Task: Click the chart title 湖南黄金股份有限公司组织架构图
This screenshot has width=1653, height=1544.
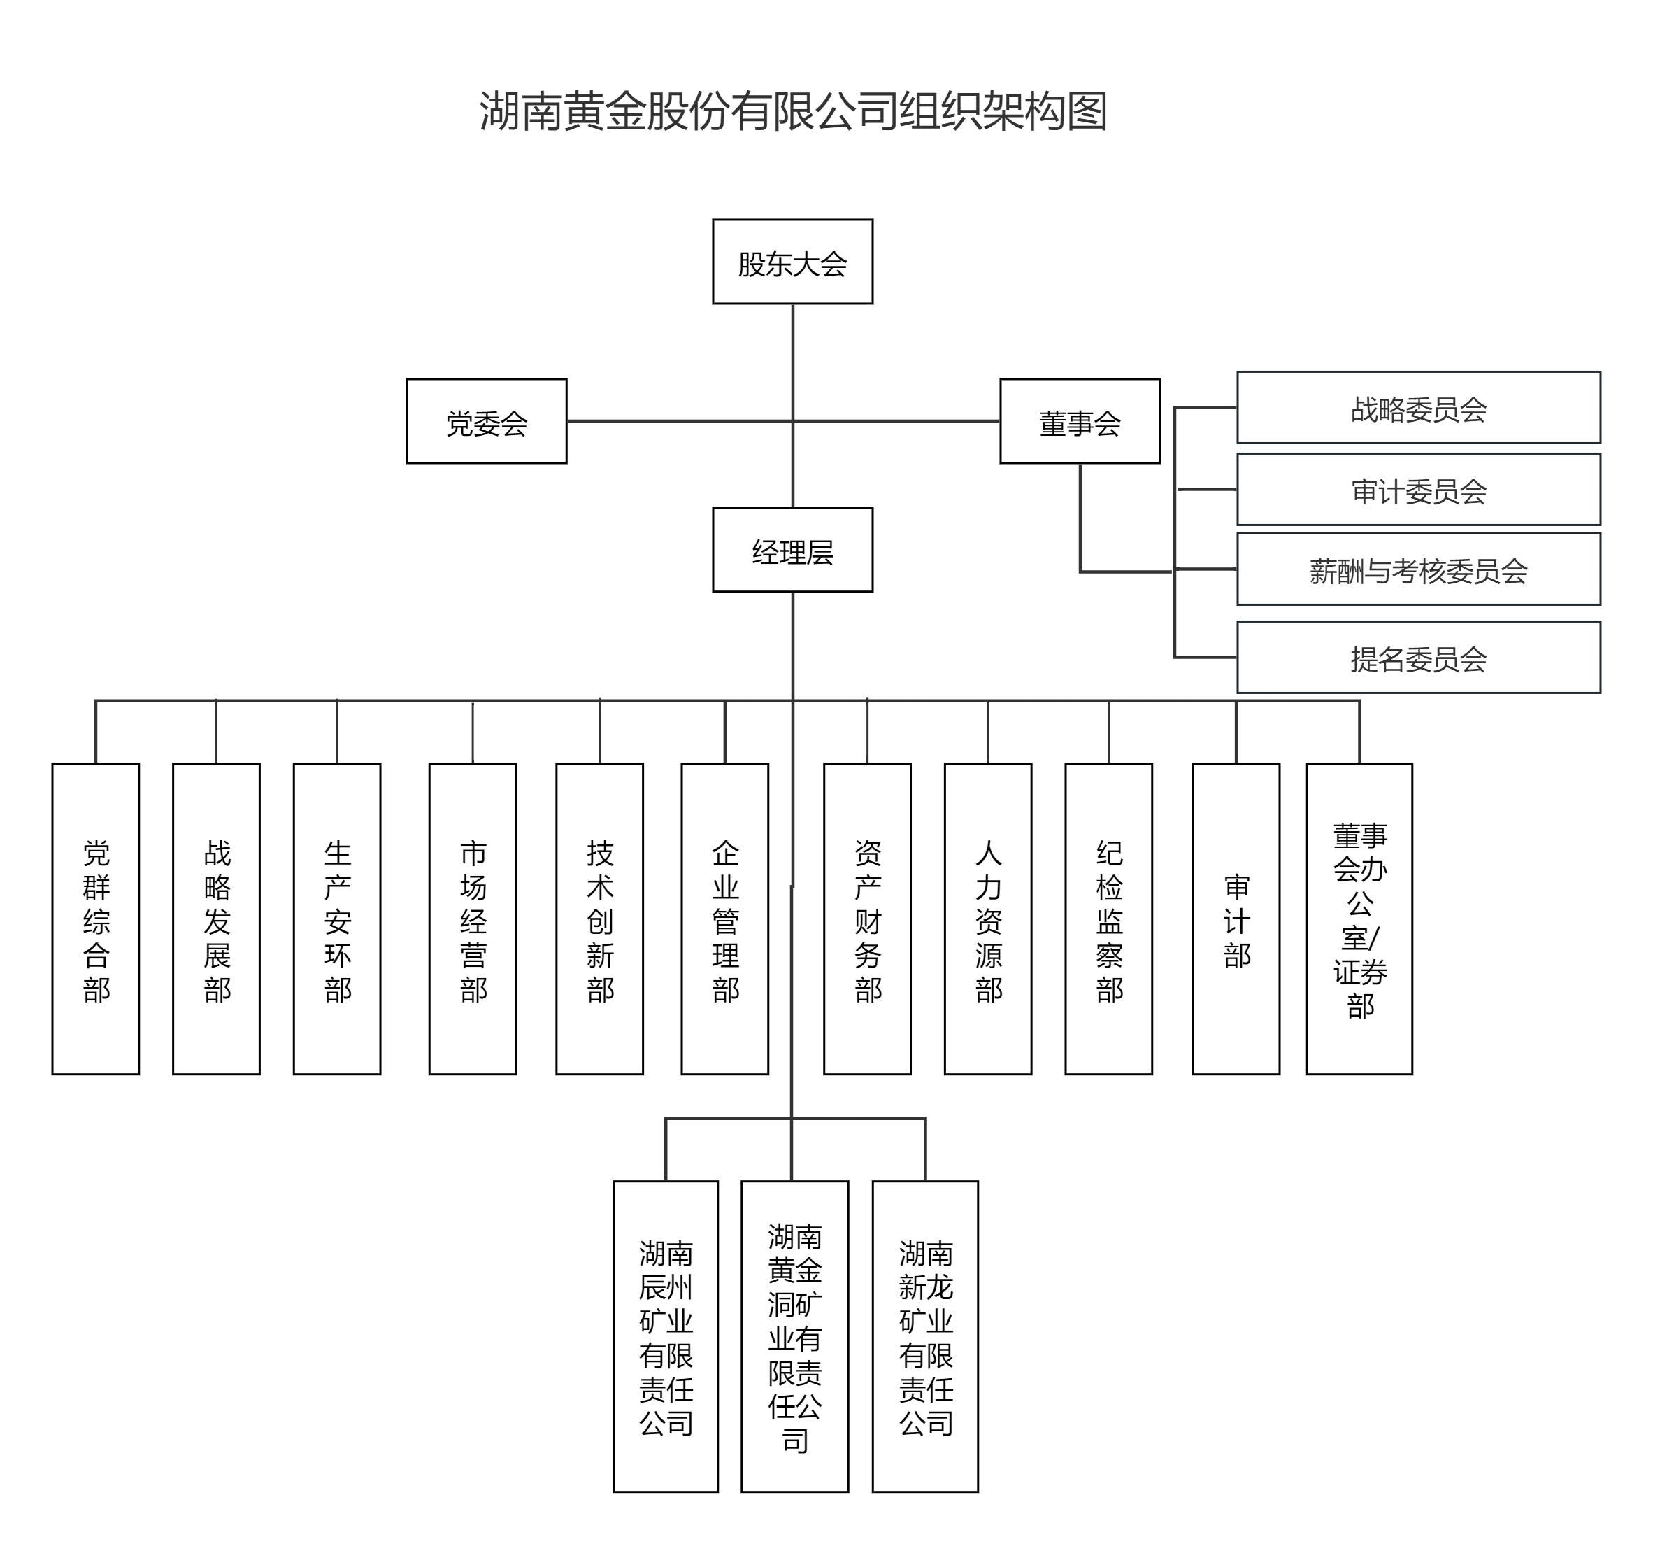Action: (792, 111)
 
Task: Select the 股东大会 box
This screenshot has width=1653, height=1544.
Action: (792, 262)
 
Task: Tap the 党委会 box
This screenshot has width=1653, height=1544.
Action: (487, 421)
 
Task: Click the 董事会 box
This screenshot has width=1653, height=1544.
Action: (1079, 421)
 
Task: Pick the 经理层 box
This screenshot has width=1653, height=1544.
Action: (792, 550)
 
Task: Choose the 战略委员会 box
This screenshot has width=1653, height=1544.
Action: (1417, 408)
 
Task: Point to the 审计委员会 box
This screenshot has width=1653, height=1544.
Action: (1417, 489)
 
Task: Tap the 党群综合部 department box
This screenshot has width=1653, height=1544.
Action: (96, 919)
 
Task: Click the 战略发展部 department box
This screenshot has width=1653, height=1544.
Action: (216, 919)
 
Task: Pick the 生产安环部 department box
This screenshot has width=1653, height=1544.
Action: (337, 919)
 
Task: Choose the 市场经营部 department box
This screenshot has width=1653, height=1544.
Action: (472, 919)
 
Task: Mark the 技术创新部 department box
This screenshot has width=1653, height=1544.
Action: (599, 919)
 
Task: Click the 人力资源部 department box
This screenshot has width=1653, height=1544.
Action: (988, 919)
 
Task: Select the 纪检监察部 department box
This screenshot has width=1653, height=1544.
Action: (1108, 919)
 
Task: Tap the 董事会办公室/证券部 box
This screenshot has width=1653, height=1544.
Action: (1359, 919)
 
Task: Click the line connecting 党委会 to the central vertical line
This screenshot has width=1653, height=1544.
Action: (678, 421)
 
